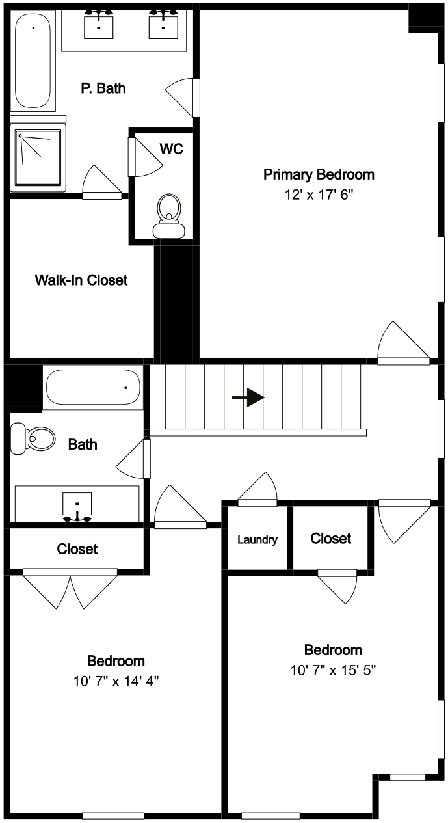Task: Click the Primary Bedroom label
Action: coord(319,174)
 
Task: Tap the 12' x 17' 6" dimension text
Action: coord(319,195)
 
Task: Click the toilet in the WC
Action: coord(169,216)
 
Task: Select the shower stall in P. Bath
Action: coord(38,158)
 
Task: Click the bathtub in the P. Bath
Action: coord(33,61)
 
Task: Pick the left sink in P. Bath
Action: coord(98,24)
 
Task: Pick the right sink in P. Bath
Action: coord(163,24)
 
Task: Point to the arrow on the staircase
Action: coord(248,398)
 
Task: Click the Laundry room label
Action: coord(257,540)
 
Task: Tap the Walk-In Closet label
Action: coord(81,280)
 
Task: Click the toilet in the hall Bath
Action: coord(33,438)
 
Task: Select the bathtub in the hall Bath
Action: coord(93,387)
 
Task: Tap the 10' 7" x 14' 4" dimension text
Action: coord(116,682)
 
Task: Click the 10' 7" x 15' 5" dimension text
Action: coord(333,671)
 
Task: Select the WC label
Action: coord(171,149)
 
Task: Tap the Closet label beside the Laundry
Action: coord(330,539)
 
